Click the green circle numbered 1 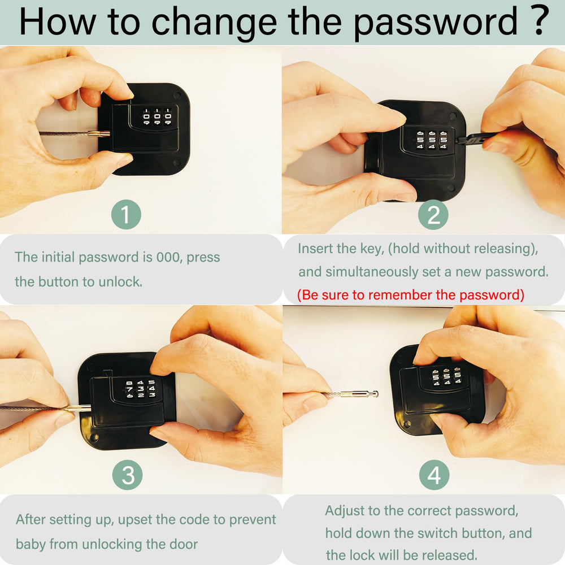point(126,215)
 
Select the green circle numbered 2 point(433,215)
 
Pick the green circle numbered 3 point(127,475)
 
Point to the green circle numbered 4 point(434,475)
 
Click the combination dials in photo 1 point(157,116)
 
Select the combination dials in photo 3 point(141,389)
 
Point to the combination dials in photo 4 point(447,377)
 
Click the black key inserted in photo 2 point(476,140)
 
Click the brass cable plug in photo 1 point(99,135)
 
